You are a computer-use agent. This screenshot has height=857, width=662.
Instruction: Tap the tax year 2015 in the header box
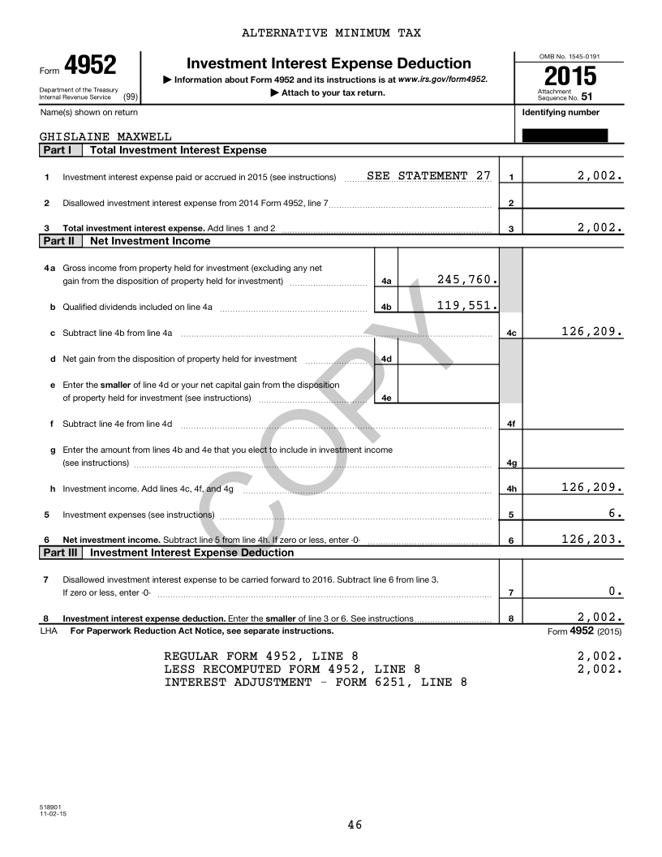pos(570,77)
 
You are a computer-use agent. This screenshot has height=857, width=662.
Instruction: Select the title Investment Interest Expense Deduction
pos(329,63)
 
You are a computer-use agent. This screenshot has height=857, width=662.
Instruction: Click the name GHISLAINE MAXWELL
pos(105,137)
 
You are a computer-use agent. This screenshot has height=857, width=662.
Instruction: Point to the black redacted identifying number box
pos(565,136)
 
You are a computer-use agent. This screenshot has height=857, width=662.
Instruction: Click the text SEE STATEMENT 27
pos(428,175)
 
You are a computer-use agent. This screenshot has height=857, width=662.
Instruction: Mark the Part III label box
pos(60,553)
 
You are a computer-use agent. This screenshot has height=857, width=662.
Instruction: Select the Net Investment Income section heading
pos(150,241)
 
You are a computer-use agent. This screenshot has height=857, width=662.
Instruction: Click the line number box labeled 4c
pos(510,333)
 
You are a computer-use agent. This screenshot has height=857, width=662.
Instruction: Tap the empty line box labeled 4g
pos(511,463)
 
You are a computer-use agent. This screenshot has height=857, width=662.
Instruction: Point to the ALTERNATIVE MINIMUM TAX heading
pos(331,33)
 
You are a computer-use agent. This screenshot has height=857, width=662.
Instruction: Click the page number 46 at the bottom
pos(355,825)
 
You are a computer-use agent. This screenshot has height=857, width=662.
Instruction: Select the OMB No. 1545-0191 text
pos(570,56)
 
